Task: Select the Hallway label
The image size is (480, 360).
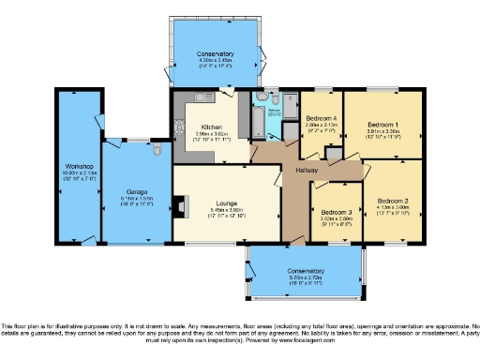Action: click(x=306, y=170)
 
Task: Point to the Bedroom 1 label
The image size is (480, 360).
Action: click(x=382, y=125)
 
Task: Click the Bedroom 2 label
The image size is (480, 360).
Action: click(x=393, y=201)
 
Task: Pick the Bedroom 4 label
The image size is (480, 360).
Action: click(x=322, y=125)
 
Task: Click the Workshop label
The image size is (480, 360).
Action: click(x=77, y=166)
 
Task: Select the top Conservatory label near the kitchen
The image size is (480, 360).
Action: click(x=216, y=53)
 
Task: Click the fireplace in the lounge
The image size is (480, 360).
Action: click(x=179, y=204)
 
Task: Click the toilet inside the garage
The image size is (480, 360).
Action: click(x=156, y=147)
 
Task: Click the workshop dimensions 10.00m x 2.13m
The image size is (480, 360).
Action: click(x=77, y=173)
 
